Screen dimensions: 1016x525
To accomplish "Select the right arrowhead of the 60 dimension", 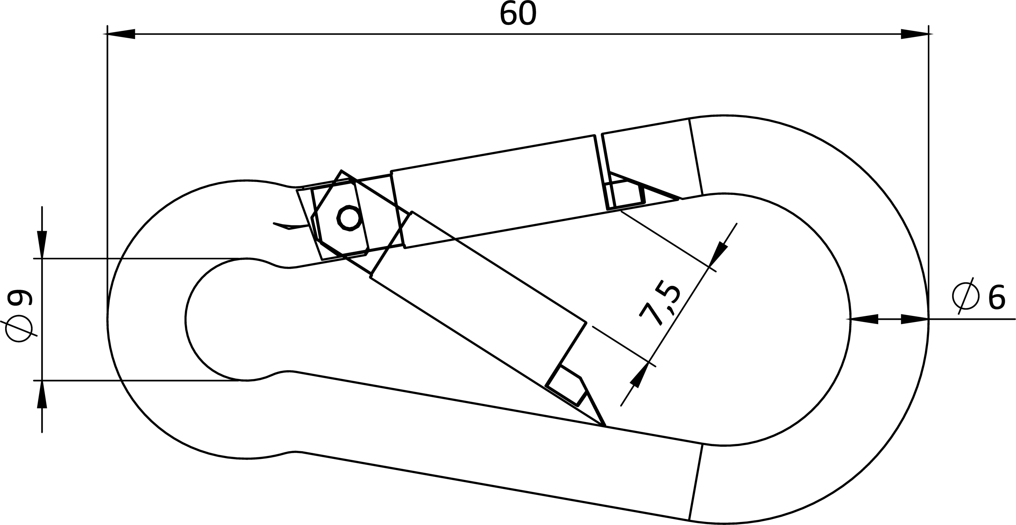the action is [x=915, y=34].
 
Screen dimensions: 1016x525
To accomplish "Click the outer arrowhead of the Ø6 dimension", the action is [x=915, y=319].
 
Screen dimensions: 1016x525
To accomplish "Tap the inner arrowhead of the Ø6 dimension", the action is [x=864, y=319].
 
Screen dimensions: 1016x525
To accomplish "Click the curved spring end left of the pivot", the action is [x=291, y=226].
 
